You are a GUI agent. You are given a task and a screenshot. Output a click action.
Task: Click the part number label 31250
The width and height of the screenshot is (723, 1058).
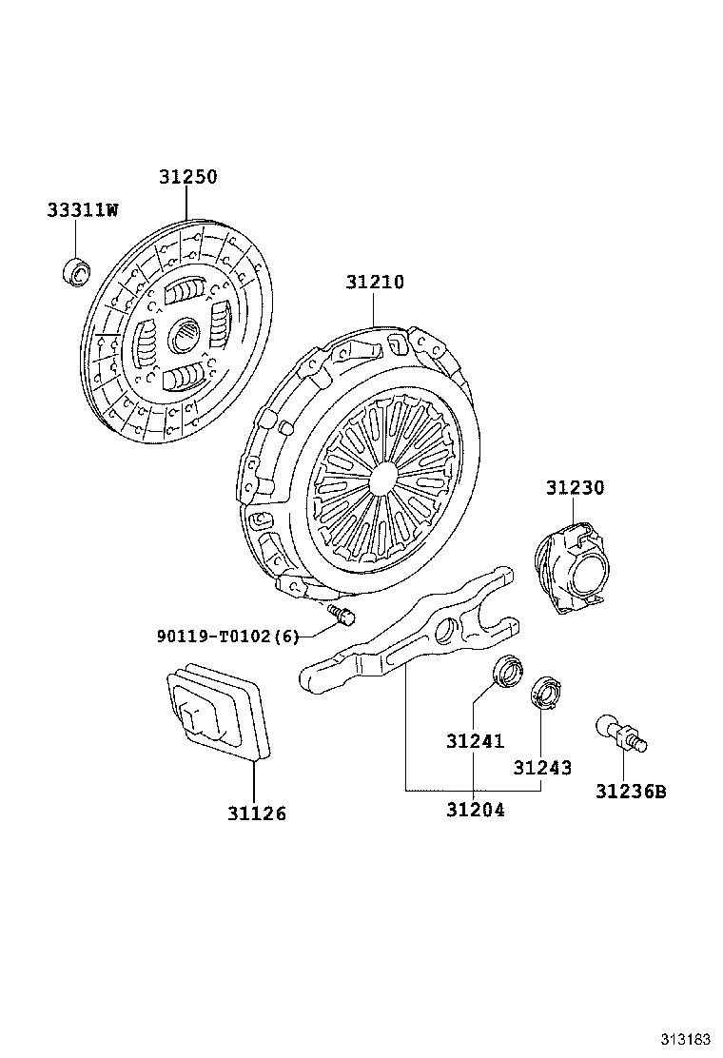click(x=187, y=177)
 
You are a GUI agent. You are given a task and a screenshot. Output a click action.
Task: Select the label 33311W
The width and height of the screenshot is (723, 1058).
click(x=83, y=210)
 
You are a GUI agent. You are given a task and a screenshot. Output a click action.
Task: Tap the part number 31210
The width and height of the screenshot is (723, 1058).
click(x=374, y=283)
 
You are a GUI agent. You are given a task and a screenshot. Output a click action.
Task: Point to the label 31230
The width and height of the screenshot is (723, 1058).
click(x=575, y=487)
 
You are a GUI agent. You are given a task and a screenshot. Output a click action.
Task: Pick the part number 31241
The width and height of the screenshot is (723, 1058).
click(x=475, y=741)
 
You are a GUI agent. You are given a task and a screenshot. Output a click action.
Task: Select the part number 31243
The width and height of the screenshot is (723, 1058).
click(x=542, y=766)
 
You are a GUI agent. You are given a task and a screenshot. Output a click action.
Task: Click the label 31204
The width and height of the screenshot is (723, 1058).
click(x=475, y=810)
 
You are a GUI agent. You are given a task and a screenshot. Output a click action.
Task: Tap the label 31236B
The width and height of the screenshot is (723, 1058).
click(x=631, y=791)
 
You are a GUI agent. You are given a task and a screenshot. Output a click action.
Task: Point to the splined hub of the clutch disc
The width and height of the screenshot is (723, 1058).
click(x=184, y=335)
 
